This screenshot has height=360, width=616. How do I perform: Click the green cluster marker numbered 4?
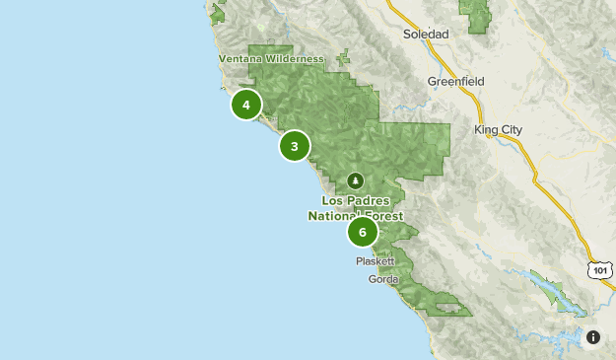click(246, 104)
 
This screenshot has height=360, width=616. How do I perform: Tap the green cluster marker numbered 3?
click(295, 146)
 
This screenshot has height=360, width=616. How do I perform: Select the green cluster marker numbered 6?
click(363, 233)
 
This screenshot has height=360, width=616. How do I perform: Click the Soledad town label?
click(426, 34)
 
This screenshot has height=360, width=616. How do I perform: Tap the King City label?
click(498, 129)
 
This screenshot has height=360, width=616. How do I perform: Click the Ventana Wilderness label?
click(271, 59)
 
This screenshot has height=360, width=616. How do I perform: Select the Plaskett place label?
click(376, 262)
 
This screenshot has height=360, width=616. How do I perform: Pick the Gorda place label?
click(383, 279)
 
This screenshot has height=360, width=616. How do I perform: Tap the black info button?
click(593, 337)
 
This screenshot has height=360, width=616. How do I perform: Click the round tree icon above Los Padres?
click(356, 180)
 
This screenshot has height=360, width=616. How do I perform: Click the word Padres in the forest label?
click(375, 199)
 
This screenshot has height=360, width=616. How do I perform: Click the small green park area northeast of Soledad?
click(478, 15)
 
